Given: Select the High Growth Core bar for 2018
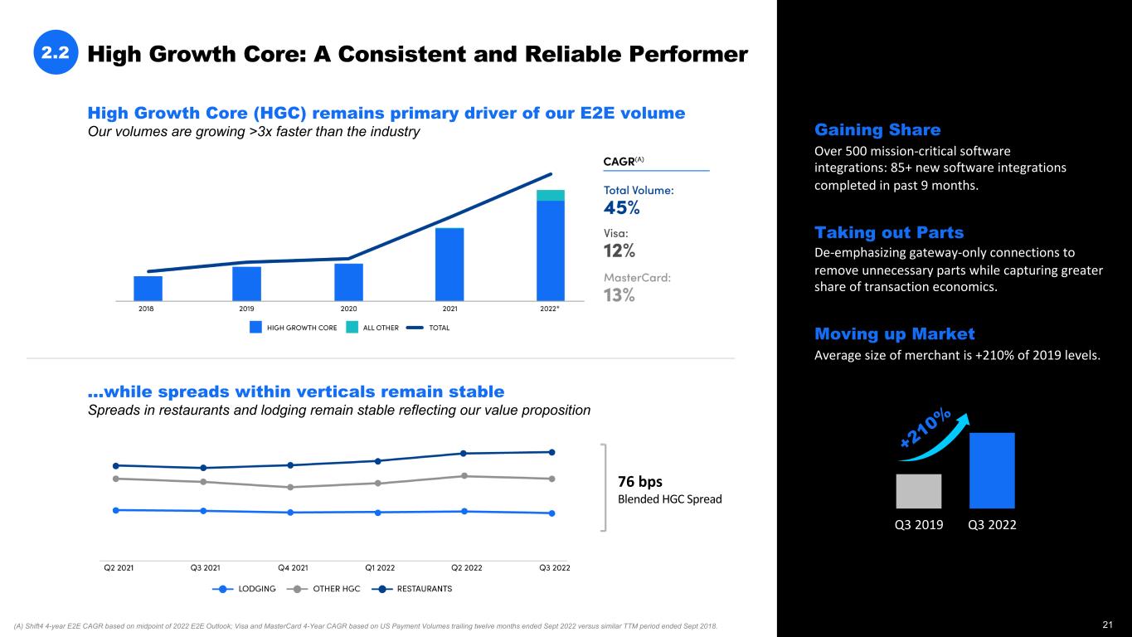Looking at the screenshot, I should click(x=148, y=288).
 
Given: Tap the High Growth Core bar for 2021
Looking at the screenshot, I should click(x=449, y=264).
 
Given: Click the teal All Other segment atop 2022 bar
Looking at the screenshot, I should click(x=550, y=195).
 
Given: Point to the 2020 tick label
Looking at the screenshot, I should click(x=348, y=309).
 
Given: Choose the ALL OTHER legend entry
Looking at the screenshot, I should click(x=372, y=328).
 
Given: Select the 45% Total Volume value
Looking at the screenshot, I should click(x=621, y=207).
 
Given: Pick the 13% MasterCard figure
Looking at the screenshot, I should click(x=619, y=295).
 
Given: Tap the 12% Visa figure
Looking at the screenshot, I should click(x=619, y=250).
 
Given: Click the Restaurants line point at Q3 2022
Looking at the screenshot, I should click(x=551, y=452).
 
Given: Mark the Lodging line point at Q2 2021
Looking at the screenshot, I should click(x=116, y=510).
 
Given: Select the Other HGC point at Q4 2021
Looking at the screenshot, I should click(x=290, y=487).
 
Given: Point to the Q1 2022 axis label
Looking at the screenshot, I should click(x=380, y=568).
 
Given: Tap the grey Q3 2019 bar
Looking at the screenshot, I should click(x=918, y=491).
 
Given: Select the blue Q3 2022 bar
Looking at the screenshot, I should click(x=992, y=470).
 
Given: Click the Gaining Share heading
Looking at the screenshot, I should click(x=877, y=130).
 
